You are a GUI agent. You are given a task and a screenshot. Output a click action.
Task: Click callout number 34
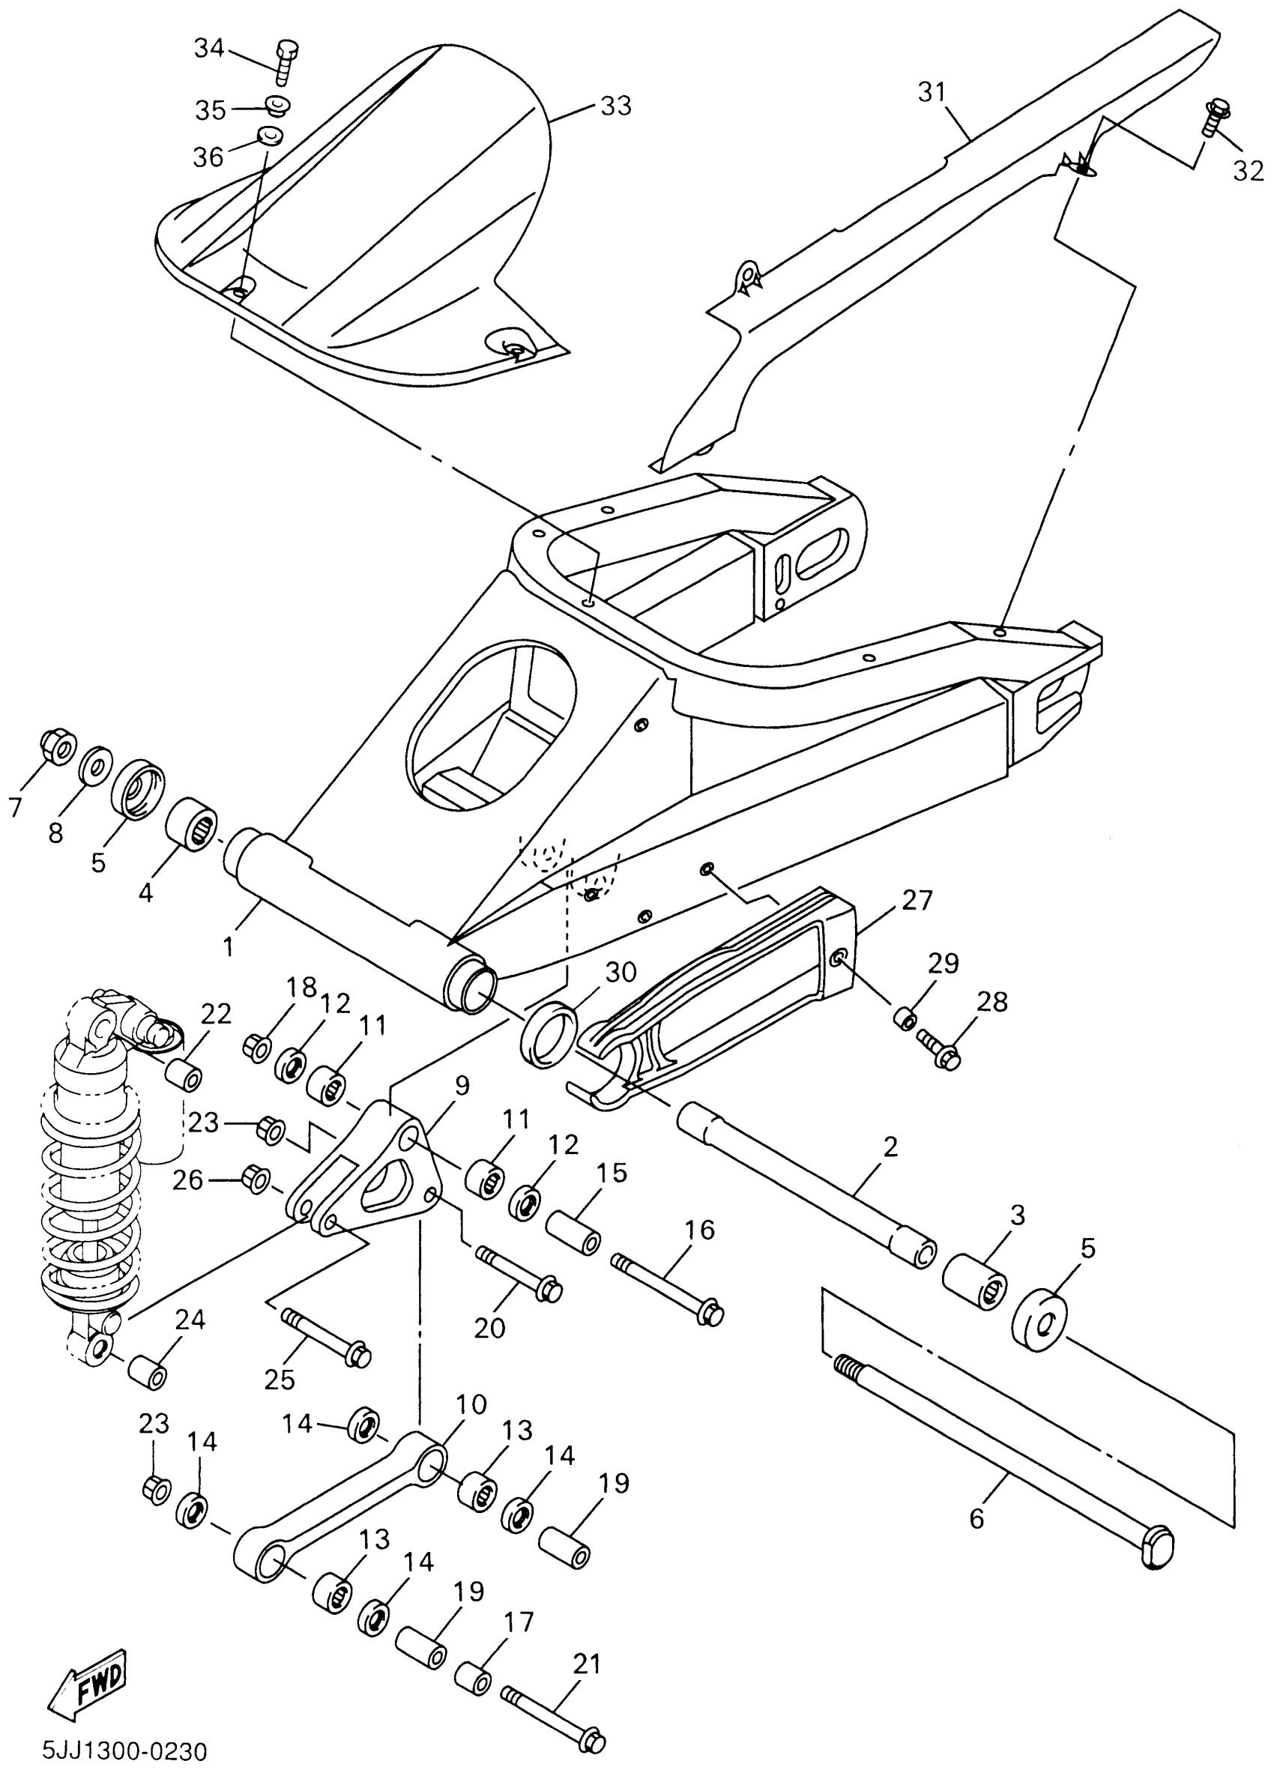pyautogui.click(x=208, y=49)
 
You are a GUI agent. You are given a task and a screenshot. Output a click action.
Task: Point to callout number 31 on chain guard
pyautogui.click(x=932, y=93)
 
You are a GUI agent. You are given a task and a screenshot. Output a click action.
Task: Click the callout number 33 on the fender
pyautogui.click(x=615, y=106)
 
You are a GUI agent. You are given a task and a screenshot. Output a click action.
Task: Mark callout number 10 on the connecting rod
pyautogui.click(x=471, y=1405)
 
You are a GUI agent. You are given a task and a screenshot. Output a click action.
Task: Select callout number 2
pyautogui.click(x=890, y=1147)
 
